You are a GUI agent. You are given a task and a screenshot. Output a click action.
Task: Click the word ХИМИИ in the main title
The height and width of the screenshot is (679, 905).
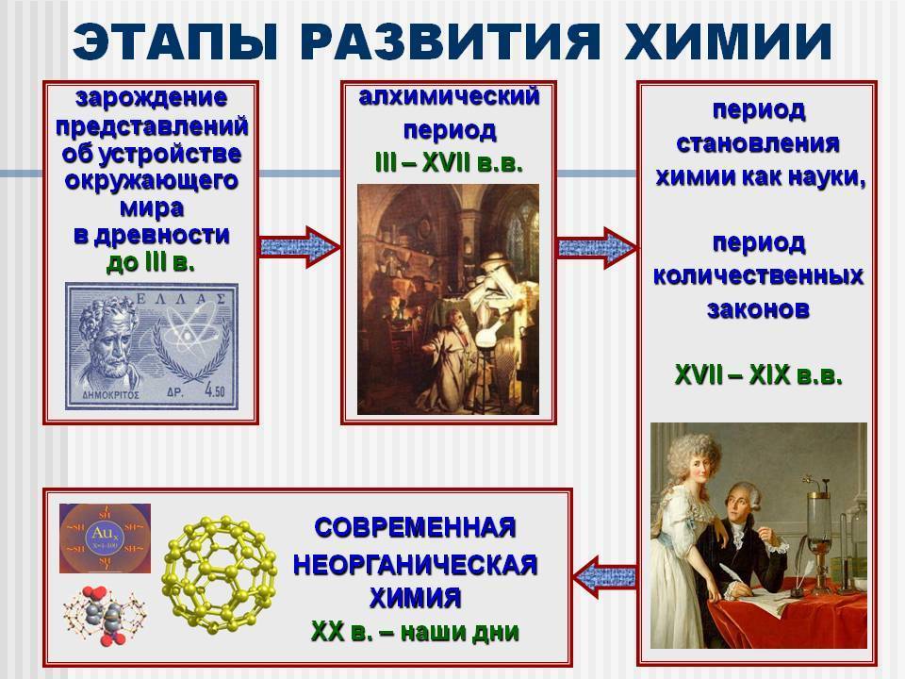tap(729, 41)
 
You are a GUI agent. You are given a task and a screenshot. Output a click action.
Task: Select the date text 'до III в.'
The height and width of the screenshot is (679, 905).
tap(151, 263)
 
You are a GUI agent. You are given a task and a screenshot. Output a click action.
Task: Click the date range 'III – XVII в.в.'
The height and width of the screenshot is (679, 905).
tap(449, 164)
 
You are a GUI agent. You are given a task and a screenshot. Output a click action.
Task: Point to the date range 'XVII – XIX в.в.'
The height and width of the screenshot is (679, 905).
tap(758, 376)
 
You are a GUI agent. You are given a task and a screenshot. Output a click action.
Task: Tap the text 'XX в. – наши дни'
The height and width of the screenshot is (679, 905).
tap(415, 632)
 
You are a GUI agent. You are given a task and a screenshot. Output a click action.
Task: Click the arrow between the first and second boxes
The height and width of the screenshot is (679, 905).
tap(299, 247)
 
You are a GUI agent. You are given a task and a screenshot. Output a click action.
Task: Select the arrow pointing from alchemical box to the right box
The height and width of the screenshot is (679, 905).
tap(597, 248)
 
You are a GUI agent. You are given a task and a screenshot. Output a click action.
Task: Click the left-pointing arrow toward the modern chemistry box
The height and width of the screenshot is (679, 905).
tap(605, 577)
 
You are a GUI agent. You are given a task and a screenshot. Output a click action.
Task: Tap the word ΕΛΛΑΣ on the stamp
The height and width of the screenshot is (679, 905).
tap(180, 299)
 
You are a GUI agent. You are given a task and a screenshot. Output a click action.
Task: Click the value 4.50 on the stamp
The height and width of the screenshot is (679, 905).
tap(215, 391)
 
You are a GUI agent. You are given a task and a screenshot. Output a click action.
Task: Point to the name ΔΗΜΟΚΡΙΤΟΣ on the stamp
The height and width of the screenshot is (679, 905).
tap(112, 395)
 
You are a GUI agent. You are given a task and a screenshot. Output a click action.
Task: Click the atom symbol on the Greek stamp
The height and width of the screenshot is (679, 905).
tap(189, 333)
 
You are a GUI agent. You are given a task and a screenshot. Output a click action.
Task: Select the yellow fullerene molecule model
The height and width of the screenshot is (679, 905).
tap(220, 574)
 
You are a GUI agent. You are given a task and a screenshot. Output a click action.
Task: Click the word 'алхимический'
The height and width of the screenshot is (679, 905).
tap(449, 96)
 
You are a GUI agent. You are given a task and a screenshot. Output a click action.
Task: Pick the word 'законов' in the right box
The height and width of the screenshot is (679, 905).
tap(758, 309)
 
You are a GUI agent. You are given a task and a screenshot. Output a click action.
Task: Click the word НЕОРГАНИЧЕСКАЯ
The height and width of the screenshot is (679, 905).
tap(415, 564)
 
